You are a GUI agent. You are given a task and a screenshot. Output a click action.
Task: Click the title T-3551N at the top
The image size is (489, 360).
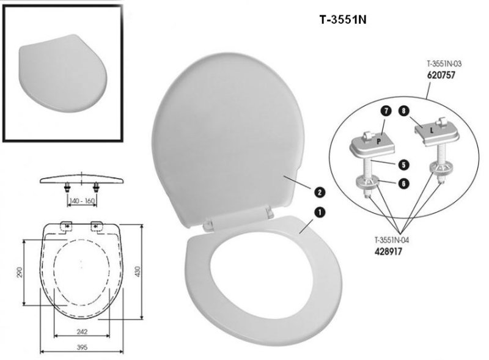pos(342,19)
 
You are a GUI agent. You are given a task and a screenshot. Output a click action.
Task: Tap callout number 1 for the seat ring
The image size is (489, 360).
pos(319,211)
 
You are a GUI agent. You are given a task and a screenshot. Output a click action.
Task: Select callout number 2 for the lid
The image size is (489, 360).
pos(319,191)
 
